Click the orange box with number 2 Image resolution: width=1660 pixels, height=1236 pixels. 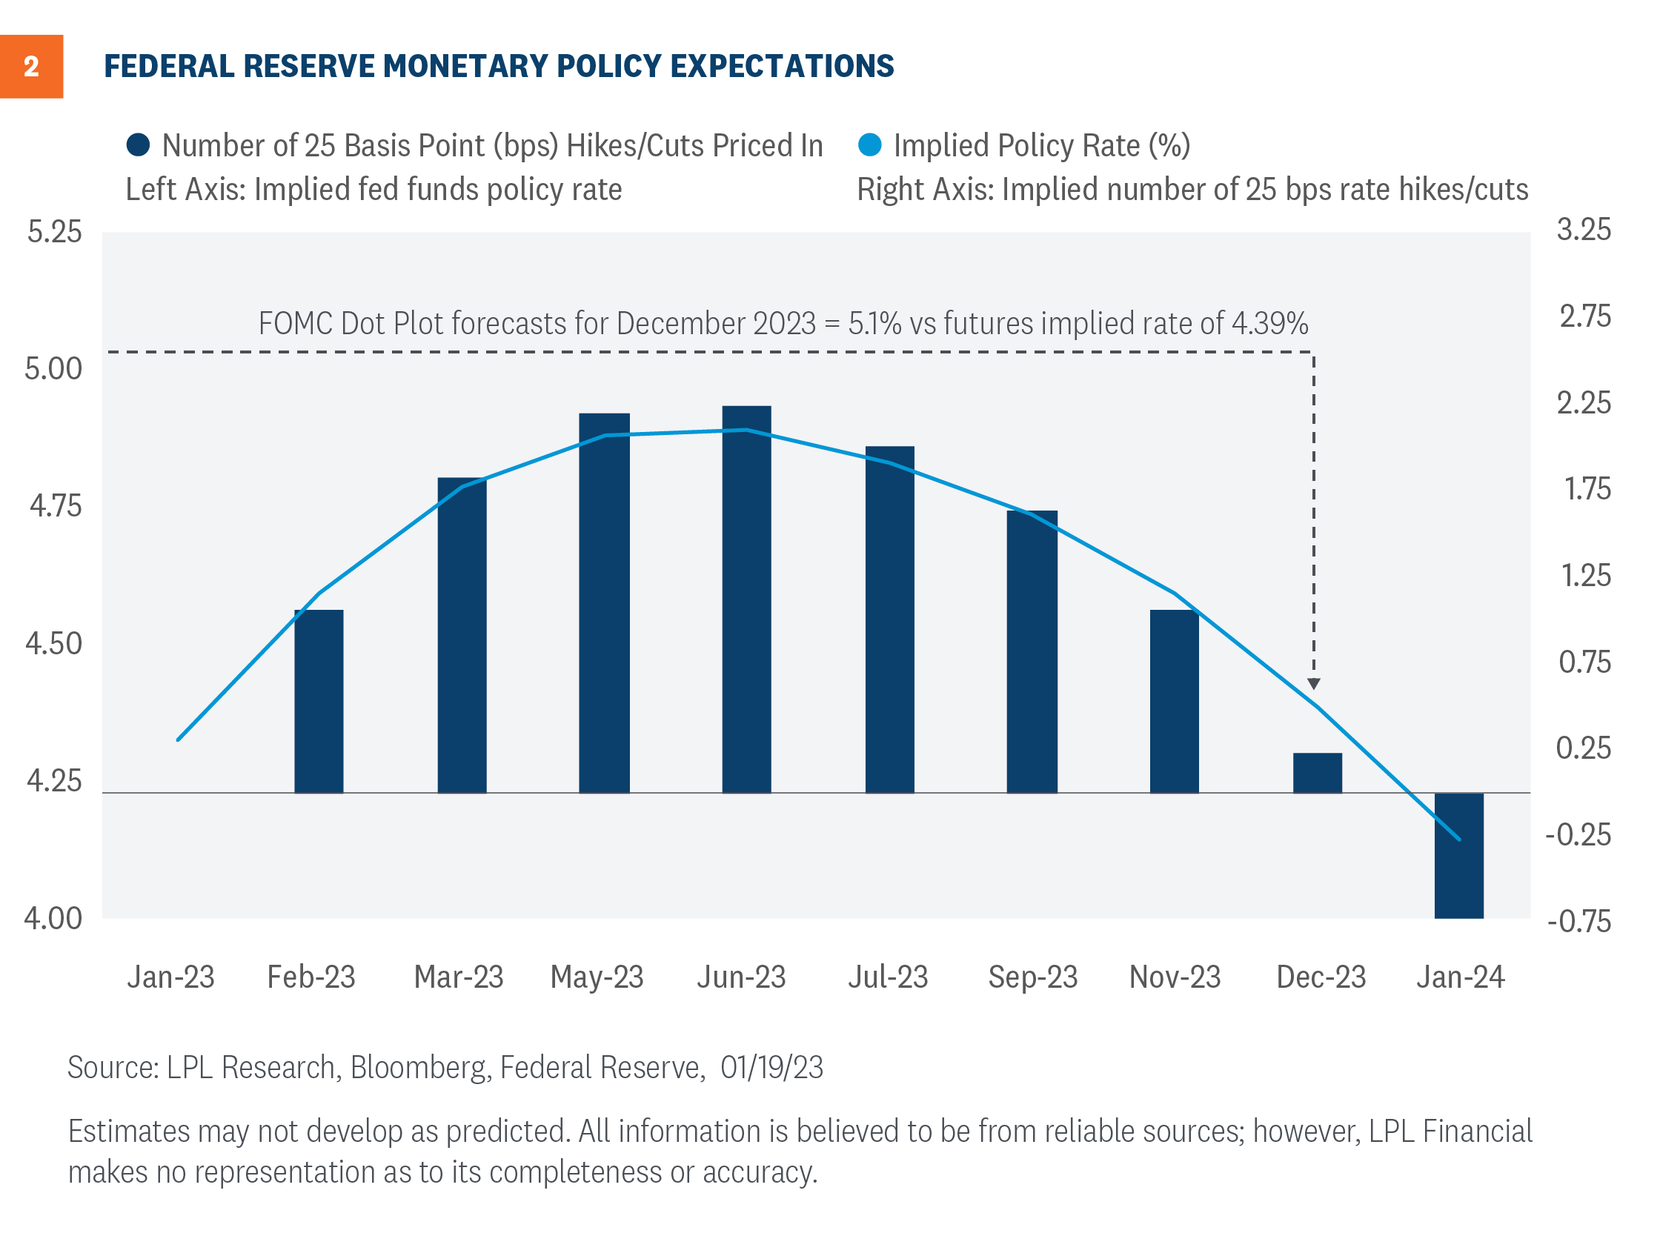(30, 66)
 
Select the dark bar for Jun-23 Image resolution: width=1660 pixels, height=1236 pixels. (746, 599)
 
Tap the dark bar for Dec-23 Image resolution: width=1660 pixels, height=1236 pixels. (1317, 772)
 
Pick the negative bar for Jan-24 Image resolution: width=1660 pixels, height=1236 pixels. (1458, 855)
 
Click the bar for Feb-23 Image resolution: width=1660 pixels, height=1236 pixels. (319, 700)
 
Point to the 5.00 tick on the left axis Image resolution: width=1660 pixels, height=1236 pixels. (53, 369)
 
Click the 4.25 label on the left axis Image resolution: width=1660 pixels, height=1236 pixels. (54, 781)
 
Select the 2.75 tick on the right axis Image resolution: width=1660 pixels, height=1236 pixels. (1584, 316)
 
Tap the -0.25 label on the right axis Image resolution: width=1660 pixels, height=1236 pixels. (1578, 834)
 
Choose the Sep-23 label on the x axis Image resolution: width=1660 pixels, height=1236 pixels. (1032, 977)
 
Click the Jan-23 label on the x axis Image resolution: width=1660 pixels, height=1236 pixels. (170, 977)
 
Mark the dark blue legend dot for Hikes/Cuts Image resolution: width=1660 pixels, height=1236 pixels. (139, 144)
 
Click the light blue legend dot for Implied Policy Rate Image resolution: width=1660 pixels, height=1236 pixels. (869, 144)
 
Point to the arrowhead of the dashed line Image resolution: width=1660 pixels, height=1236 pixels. (1314, 684)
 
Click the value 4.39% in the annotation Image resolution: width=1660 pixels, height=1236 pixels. (1269, 323)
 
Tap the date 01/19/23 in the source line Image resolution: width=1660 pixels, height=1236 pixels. (771, 1067)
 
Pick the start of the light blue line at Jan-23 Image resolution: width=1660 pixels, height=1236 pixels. (178, 740)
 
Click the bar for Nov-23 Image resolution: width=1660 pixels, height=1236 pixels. (1174, 700)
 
